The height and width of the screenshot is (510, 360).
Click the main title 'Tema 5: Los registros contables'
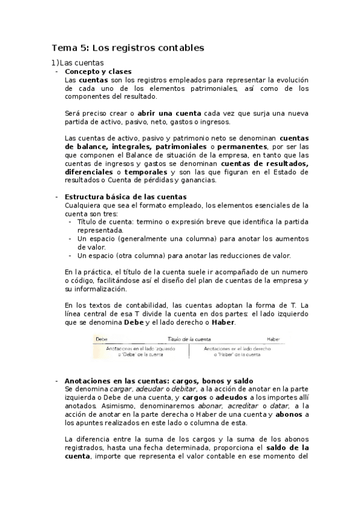click(x=128, y=47)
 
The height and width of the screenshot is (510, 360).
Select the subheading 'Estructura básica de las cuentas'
click(x=125, y=197)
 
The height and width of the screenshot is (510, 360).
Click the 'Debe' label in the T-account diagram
click(x=102, y=340)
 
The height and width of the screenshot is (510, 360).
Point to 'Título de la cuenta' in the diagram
click(x=189, y=340)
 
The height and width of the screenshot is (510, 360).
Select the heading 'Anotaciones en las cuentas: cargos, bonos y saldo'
click(x=159, y=381)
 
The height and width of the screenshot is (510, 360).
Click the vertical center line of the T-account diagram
click(x=189, y=351)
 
